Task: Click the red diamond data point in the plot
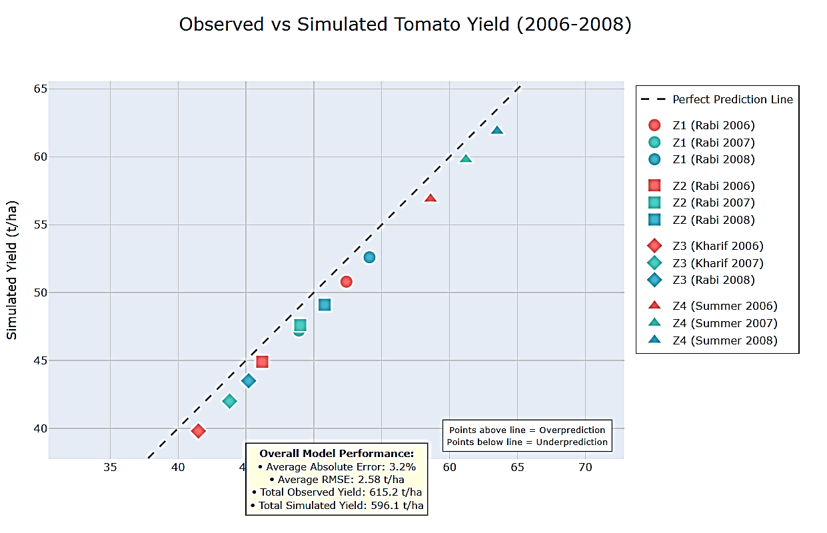coord(198,431)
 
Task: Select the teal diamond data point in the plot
coord(230,401)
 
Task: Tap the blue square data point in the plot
coord(325,304)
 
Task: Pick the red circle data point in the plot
coord(346,281)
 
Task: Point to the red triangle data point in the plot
coord(430,199)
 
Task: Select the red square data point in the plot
coord(262,361)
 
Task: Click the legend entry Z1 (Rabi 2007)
coord(713,142)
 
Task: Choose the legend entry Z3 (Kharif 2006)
coord(718,246)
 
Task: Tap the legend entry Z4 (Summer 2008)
coord(724,340)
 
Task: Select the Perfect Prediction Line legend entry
coord(732,99)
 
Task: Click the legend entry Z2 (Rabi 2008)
coord(713,220)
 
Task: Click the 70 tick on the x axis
coord(585,467)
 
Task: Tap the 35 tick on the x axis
coord(110,467)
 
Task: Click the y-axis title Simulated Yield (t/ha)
coord(12,270)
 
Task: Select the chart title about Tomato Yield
coord(405,25)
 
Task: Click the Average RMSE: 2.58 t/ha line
coord(337,479)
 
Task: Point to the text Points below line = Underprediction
coord(527,442)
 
